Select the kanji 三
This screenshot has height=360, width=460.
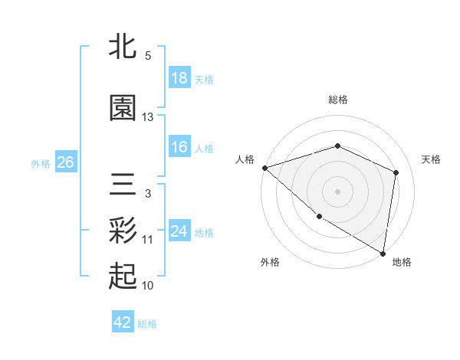123,185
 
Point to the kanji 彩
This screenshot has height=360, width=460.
123,229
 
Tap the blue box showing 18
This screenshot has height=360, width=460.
179,78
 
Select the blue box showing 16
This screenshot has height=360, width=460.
179,147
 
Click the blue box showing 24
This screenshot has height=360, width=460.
179,231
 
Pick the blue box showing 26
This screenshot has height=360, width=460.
65,162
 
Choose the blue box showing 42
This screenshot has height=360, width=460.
123,322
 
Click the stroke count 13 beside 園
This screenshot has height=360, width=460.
148,117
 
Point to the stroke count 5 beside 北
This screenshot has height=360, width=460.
148,56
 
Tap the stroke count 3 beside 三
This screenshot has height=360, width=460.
148,194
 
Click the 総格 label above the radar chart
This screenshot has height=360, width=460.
338,100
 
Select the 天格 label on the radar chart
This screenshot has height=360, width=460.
431,159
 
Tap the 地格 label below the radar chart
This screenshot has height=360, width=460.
402,262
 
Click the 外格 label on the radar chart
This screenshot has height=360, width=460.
270,262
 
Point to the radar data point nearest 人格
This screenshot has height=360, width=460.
264,168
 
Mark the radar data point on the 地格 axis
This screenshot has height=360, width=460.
383,253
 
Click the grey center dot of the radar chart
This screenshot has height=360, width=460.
338,191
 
